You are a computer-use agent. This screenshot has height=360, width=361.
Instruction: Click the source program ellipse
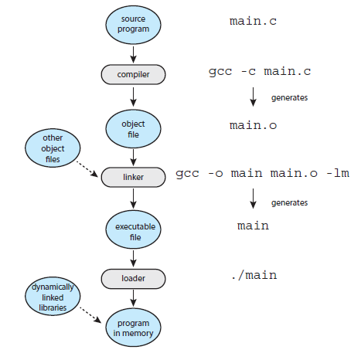click(x=133, y=25)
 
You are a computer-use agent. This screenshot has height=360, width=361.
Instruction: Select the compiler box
click(x=133, y=74)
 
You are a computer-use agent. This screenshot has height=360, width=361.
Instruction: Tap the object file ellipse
click(x=133, y=129)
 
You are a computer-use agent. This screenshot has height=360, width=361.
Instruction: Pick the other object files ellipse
click(x=53, y=148)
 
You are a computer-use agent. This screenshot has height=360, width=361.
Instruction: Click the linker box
click(x=133, y=177)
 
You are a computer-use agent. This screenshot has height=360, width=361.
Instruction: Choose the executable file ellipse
click(x=133, y=229)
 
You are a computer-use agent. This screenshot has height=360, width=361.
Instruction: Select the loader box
click(x=133, y=279)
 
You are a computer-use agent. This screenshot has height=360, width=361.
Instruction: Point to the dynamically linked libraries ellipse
click(x=53, y=297)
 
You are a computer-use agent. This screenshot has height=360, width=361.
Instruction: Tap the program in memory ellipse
click(x=133, y=328)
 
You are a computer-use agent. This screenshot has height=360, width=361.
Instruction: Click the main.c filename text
click(x=253, y=21)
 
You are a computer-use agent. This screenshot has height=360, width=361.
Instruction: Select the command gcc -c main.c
click(x=260, y=72)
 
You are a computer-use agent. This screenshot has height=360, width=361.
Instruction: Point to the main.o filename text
click(x=253, y=125)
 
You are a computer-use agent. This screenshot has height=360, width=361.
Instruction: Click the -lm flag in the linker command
click(x=338, y=173)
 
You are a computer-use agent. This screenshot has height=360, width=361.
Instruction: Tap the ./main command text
click(x=254, y=275)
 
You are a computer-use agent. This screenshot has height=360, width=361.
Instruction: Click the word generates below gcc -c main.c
click(x=289, y=98)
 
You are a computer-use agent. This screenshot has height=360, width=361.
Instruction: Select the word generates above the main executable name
click(x=289, y=203)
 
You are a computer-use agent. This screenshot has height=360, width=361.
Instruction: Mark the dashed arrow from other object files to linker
click(x=87, y=169)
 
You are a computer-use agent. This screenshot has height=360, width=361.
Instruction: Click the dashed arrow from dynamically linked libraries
click(x=90, y=314)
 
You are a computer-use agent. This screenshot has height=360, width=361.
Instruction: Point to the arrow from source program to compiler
click(x=133, y=55)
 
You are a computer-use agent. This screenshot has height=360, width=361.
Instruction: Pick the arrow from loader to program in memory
click(x=133, y=298)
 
